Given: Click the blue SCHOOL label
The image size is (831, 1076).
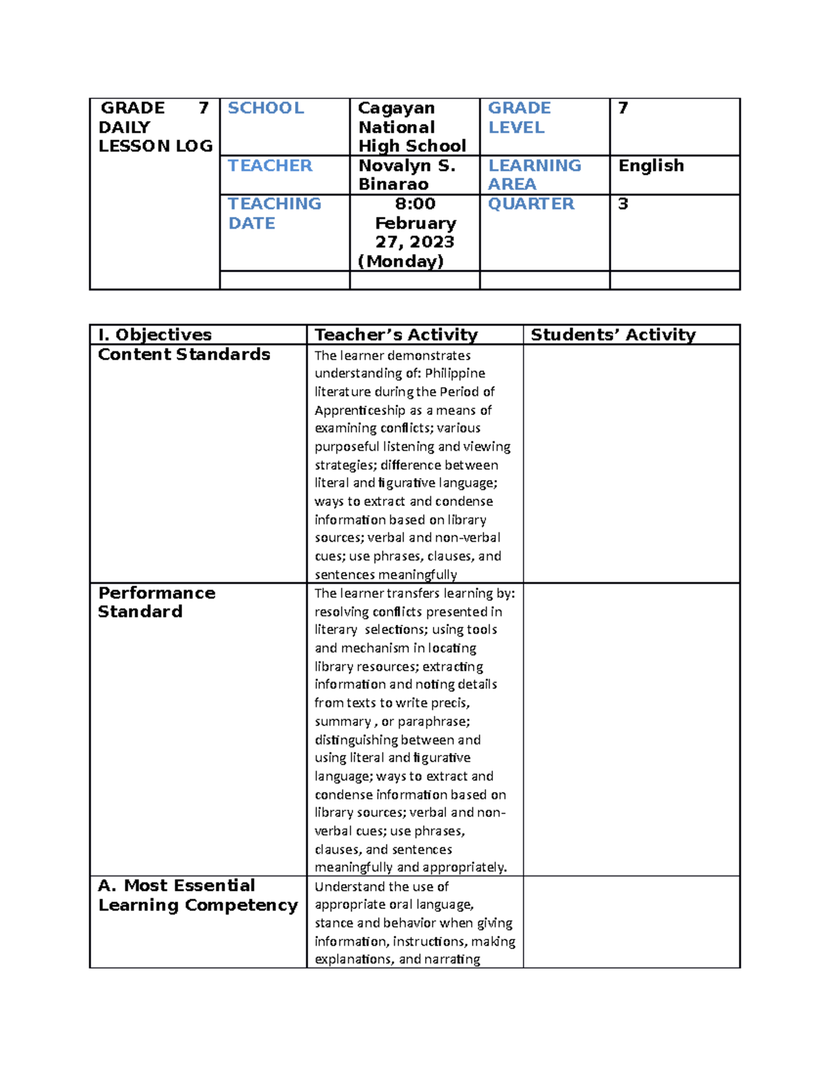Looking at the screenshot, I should [x=266, y=108].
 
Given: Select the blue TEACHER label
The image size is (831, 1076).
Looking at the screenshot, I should [x=270, y=166].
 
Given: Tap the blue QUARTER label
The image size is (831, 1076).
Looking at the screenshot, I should [x=531, y=204].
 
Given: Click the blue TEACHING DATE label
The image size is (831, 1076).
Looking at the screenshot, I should [x=274, y=213].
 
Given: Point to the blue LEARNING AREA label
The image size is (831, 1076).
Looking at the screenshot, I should [x=534, y=175].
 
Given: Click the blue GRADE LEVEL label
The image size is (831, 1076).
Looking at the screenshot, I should [x=519, y=118].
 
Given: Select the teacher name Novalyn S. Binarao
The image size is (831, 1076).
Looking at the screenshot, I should [x=406, y=175].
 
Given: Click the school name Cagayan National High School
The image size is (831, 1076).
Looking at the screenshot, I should [x=411, y=127].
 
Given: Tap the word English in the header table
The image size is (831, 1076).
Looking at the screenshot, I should [x=651, y=166].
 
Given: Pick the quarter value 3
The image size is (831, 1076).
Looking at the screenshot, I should [x=623, y=204].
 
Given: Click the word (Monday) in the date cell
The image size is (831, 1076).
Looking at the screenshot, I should [x=401, y=261].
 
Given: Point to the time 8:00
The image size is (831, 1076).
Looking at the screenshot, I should [x=415, y=204].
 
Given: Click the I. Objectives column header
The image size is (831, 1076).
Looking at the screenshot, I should [x=155, y=335].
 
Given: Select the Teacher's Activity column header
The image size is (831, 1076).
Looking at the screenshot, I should [x=396, y=335].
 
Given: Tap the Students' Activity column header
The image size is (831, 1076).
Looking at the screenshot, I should [x=613, y=335].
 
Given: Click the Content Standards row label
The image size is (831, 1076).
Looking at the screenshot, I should [x=184, y=354].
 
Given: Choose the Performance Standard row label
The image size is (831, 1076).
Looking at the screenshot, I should [x=157, y=602].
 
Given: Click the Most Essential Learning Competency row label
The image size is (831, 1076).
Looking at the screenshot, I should [x=197, y=895].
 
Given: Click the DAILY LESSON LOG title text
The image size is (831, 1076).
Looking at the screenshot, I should [x=155, y=136].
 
